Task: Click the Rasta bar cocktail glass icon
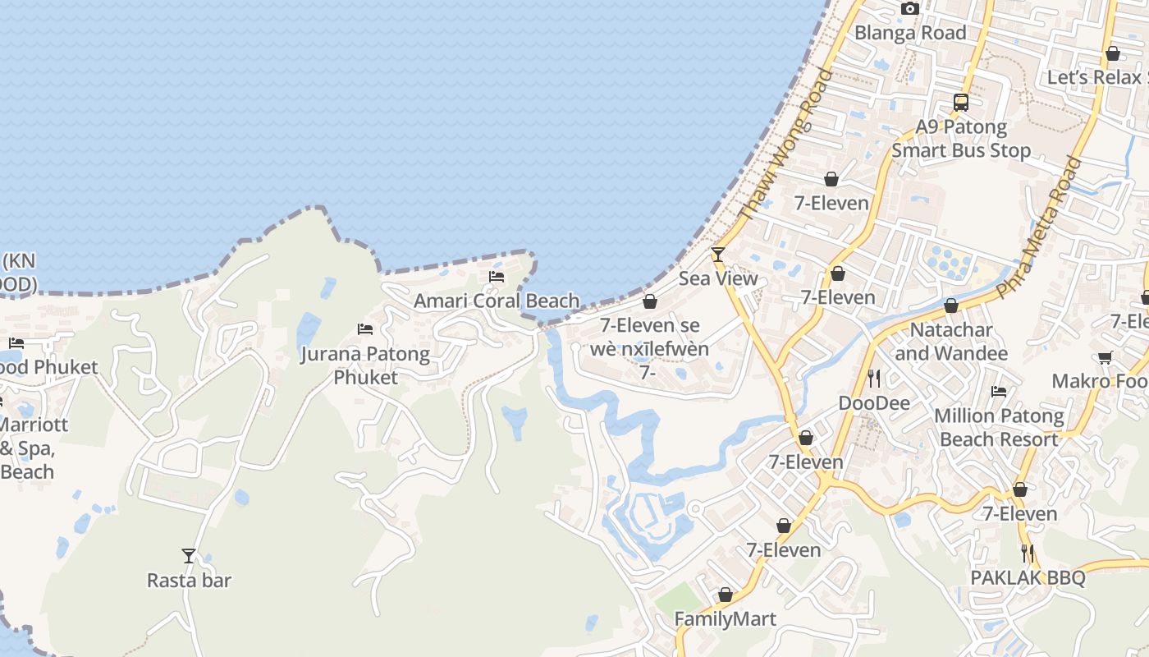coord(189,556)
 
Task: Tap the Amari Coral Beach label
coord(497,301)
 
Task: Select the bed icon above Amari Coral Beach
coord(497,277)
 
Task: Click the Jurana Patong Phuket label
coord(364,365)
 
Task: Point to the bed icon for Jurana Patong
coord(365,329)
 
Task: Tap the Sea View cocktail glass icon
coord(718,255)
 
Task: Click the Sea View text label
coord(718,278)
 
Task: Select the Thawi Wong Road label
coord(785,145)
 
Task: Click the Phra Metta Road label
coord(1038,227)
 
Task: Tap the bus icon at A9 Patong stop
coord(961,103)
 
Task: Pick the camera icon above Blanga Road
coord(909,9)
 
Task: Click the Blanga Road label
coord(910,33)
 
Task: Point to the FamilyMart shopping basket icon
coord(726,595)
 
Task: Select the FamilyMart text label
coord(726,618)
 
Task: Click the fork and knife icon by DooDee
coord(874,379)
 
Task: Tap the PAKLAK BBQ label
coord(1028,577)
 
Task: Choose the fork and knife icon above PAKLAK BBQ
coord(1028,553)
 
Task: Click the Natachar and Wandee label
coord(951,342)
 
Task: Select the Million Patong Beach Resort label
coord(999,428)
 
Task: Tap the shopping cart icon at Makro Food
coord(1106,357)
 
